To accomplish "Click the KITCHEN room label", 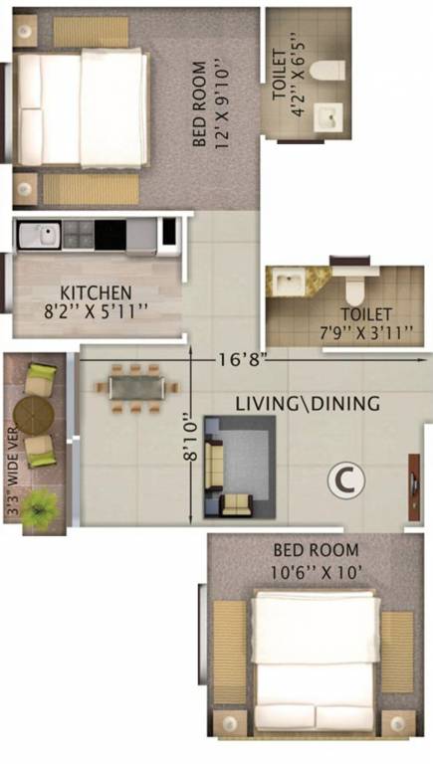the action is coord(96,292).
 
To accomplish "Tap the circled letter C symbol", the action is coord(345,480).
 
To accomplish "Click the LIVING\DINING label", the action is coord(308,404).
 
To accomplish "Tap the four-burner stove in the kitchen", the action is coord(79,236).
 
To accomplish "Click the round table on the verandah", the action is coord(34,416).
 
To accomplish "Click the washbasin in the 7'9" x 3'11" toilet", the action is coord(290,283).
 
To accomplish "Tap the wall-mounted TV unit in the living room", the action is coord(414,487).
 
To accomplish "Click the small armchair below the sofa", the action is coord(237,505).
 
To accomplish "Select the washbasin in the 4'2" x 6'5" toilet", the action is coord(328,117).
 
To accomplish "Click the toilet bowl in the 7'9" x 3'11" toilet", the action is coord(355,285).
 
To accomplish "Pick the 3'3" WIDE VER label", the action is coord(13,472).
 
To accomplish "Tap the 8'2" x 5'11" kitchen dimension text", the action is coord(96,311).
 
